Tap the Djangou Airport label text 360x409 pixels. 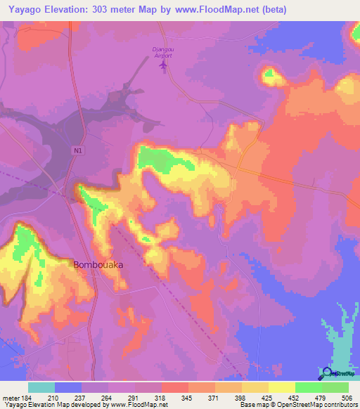(164, 52)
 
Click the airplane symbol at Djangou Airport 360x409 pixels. (164, 66)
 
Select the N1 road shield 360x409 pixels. (77, 150)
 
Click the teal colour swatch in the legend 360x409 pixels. (41, 388)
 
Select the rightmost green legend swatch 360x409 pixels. (335, 388)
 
